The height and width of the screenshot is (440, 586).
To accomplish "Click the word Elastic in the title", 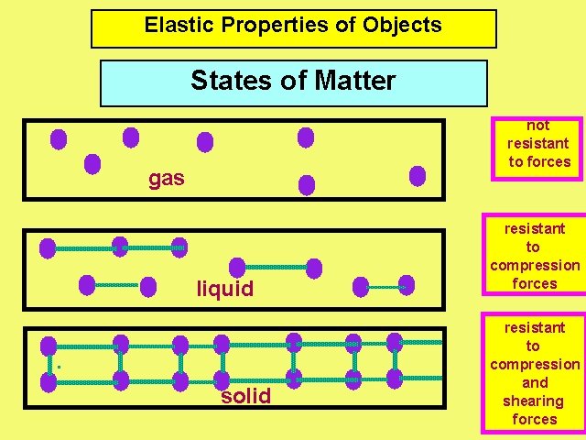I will click(173, 26).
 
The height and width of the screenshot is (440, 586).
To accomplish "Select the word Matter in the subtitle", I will click(354, 81).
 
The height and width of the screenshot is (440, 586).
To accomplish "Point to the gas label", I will click(167, 178).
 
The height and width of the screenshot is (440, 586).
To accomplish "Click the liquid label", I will click(225, 290).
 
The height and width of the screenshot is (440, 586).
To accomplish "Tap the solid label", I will click(245, 396).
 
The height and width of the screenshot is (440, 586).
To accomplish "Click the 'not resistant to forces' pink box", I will click(539, 144).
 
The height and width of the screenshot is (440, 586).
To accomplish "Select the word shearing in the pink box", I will click(534, 401).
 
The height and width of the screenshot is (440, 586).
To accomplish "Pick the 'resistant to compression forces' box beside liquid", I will click(535, 256).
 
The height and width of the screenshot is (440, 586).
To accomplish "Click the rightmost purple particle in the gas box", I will click(418, 176).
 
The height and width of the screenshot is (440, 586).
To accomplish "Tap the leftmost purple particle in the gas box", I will click(59, 139).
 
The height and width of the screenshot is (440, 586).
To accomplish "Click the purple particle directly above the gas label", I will click(131, 137).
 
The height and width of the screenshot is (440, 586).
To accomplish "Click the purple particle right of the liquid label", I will click(314, 269).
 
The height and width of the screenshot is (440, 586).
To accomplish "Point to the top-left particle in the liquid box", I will click(48, 247).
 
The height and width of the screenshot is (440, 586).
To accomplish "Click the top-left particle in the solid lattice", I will click(49, 346).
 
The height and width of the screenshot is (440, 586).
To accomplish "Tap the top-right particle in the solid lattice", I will click(395, 343).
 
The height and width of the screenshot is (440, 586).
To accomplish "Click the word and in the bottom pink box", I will click(535, 382).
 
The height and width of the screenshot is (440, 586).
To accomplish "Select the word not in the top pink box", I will click(538, 126).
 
